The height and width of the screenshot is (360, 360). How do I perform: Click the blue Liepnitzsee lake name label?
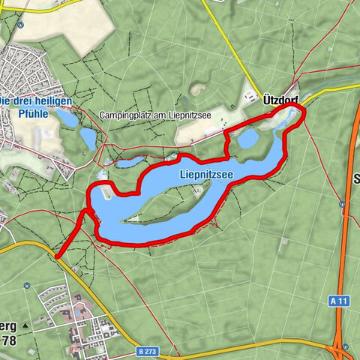[205, 174]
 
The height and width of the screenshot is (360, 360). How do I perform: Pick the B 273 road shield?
[148, 350]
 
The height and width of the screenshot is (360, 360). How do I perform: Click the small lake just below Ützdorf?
[248, 139]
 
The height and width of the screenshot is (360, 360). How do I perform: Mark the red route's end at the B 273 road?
[57, 256]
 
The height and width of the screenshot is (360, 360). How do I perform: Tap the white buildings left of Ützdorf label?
[250, 97]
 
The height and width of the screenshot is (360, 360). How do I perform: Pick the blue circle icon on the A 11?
[342, 202]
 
